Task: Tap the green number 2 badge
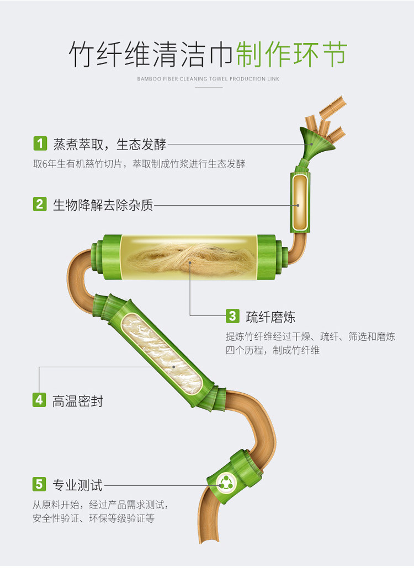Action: click(x=40, y=204)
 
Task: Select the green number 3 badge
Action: click(x=232, y=316)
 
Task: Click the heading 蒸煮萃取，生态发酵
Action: click(x=109, y=144)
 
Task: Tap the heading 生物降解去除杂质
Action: click(x=103, y=205)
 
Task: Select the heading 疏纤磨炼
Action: click(x=270, y=317)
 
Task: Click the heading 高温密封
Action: click(x=78, y=401)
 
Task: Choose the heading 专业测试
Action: click(x=77, y=485)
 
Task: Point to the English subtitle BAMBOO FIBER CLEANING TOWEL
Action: click(x=208, y=79)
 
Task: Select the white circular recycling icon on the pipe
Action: click(x=225, y=484)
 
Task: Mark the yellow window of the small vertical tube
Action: click(x=300, y=201)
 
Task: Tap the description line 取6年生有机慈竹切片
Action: click(x=139, y=164)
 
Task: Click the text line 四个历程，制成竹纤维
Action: click(x=272, y=350)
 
